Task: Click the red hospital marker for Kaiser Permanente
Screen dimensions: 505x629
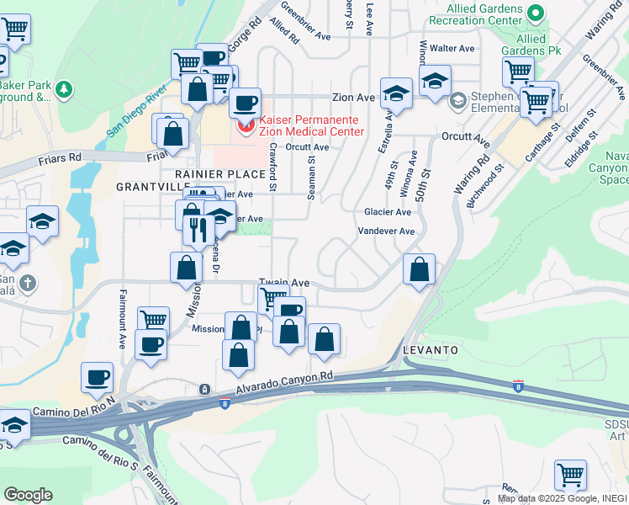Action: click(x=246, y=126)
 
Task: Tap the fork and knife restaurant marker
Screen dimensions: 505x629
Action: click(x=198, y=229)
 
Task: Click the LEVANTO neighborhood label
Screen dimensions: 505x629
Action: click(x=430, y=349)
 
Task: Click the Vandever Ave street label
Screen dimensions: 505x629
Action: click(x=386, y=231)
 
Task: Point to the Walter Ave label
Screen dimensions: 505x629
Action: click(x=452, y=49)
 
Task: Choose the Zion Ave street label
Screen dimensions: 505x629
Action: click(x=353, y=98)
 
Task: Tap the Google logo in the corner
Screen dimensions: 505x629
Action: click(x=28, y=495)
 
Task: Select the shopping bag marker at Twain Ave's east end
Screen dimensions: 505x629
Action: click(x=419, y=269)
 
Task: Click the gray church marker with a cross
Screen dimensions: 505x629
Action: click(x=28, y=283)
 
